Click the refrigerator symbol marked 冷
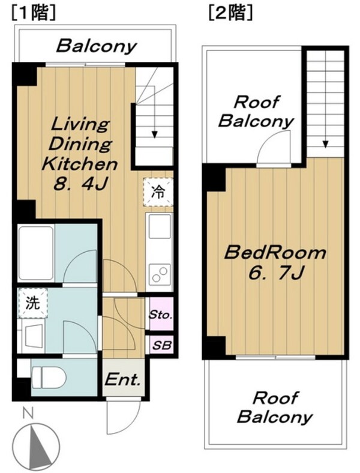coord(158,192)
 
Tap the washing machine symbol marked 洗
coord(32,303)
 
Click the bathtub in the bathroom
coord(36,253)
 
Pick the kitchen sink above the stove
coord(158,226)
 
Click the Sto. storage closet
coord(161,314)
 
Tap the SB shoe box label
coord(161,345)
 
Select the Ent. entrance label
coord(123,379)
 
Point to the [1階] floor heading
coord(34,14)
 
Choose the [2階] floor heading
coord(230,14)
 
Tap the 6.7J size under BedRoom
coord(275,273)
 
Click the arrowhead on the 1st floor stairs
coord(155,134)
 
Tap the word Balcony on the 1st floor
coord(97,46)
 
